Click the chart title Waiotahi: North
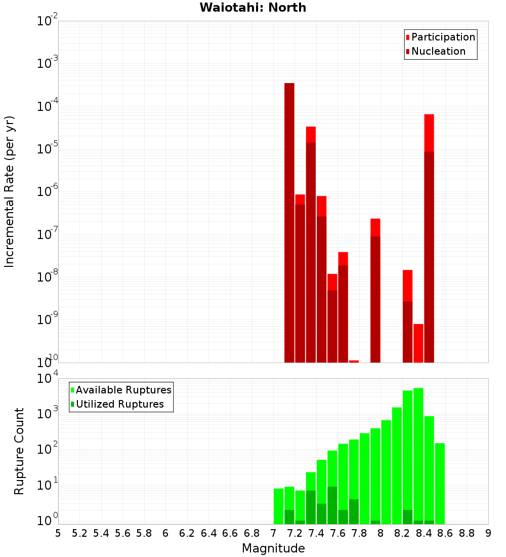click(253, 8)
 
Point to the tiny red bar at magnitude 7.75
click(354, 361)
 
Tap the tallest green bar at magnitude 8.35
click(418, 456)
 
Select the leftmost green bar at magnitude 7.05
click(278, 506)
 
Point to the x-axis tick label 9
click(488, 533)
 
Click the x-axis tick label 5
click(58, 533)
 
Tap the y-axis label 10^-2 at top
click(48, 21)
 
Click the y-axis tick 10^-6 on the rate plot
click(48, 192)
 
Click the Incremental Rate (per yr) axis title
click(10, 191)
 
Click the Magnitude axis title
click(273, 548)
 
